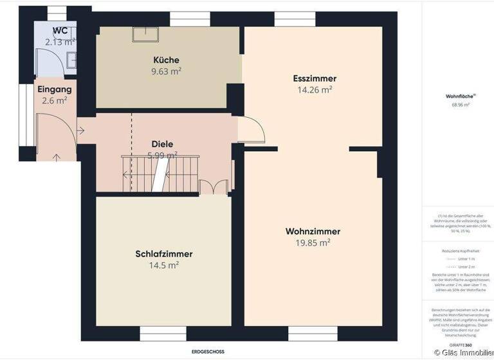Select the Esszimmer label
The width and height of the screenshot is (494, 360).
pos(315,78)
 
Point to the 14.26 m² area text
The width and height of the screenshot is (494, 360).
pos(315,90)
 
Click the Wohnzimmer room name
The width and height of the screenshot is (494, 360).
pos(313,231)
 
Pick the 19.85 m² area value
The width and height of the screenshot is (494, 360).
pos(313,243)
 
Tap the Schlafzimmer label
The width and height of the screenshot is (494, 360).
pos(164,254)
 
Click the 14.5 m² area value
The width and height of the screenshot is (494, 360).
pos(164,265)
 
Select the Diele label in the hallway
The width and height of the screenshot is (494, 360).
pos(162,144)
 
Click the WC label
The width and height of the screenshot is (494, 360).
pos(60,30)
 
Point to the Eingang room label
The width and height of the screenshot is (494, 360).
pos(55,89)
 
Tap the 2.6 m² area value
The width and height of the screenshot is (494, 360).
pos(55,100)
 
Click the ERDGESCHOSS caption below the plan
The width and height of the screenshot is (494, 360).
pos(208,352)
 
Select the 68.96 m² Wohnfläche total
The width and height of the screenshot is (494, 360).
pos(461,104)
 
